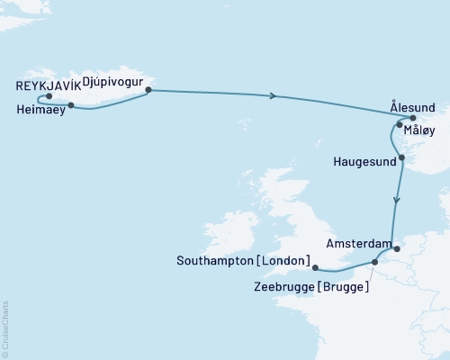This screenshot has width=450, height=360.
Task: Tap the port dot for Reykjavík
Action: tap(49, 96)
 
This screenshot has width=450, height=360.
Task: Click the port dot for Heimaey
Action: tap(71, 104)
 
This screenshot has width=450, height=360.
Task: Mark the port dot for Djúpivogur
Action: tap(148, 90)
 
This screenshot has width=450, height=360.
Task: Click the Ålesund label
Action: tap(418, 104)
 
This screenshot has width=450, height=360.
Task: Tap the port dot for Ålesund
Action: tap(412, 117)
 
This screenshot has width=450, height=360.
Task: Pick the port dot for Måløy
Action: tap(399, 125)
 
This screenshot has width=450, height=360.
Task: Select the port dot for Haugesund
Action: tap(402, 158)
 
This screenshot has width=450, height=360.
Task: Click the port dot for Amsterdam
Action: tap(394, 241)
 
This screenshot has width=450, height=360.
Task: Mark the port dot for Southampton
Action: tap(314, 266)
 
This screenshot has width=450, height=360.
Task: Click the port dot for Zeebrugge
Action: tap(374, 263)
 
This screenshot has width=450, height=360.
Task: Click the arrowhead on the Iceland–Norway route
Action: tap(274, 95)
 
